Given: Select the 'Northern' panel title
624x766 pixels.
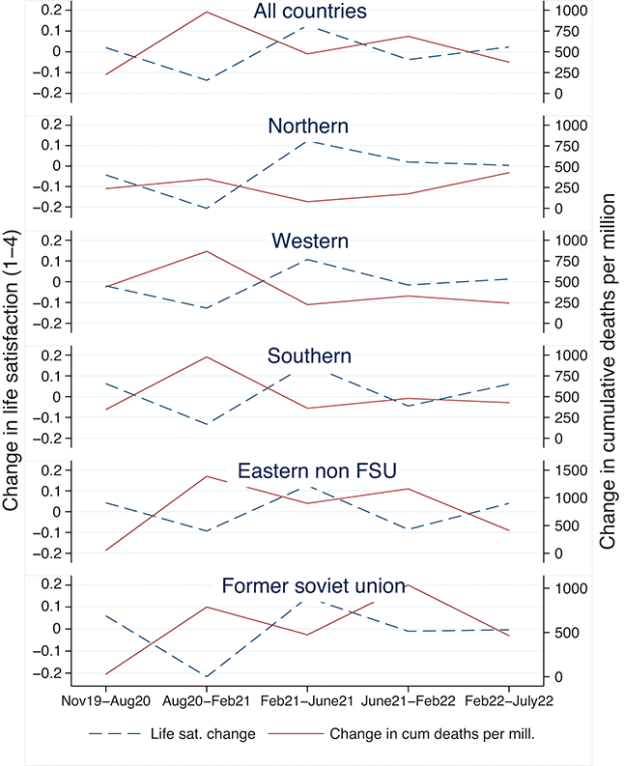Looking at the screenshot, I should click(308, 127).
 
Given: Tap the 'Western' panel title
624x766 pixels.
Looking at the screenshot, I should click(309, 241).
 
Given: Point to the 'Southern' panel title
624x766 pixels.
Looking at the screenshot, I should click(309, 355).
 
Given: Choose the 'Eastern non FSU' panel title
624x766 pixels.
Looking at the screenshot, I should click(309, 470).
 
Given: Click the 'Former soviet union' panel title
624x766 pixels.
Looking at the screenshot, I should click(309, 586).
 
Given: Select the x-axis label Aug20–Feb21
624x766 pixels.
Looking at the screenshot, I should click(206, 697).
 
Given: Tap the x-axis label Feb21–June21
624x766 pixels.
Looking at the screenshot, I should click(307, 697).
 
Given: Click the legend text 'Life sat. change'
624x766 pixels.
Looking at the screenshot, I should click(209, 733).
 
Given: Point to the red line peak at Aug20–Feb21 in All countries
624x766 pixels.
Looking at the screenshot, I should click(206, 12).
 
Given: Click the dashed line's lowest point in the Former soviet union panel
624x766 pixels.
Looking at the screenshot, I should click(206, 676).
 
